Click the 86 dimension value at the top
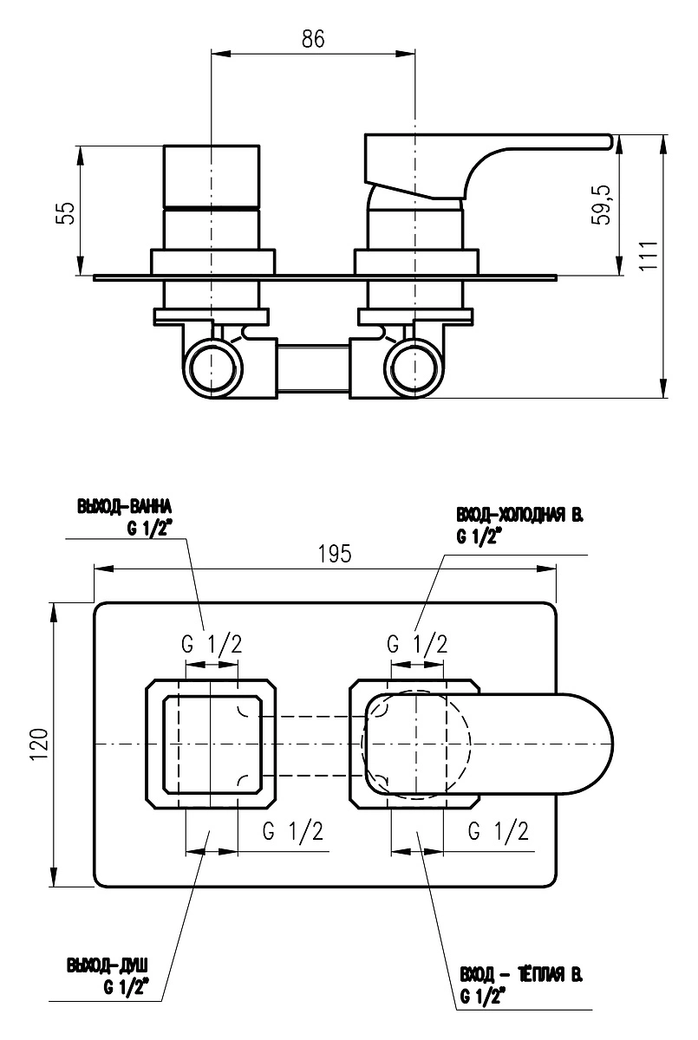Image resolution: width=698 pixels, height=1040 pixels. tap(313, 39)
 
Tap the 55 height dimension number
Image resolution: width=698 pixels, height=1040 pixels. tap(67, 212)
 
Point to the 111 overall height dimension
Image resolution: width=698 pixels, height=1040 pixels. tap(649, 255)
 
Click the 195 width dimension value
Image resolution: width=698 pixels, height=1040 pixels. tap(335, 554)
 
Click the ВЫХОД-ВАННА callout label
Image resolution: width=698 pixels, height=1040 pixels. tap(124, 507)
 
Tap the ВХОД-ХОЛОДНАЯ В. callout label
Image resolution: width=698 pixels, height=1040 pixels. tap(519, 516)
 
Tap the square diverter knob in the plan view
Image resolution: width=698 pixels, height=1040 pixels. tap(212, 745)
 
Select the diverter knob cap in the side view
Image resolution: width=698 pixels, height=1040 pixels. tap(212, 177)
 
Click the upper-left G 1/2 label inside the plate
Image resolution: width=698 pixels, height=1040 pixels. tap(212, 645)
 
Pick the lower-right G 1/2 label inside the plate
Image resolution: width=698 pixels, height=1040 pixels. tap(499, 831)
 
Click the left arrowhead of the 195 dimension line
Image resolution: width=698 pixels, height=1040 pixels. tap(104, 569)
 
